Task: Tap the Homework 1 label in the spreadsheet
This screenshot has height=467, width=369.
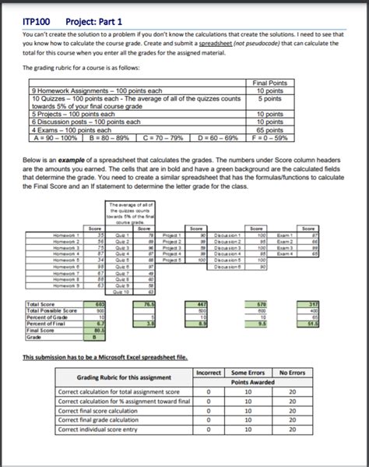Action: [64, 235]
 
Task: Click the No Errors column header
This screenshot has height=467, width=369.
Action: [291, 373]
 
